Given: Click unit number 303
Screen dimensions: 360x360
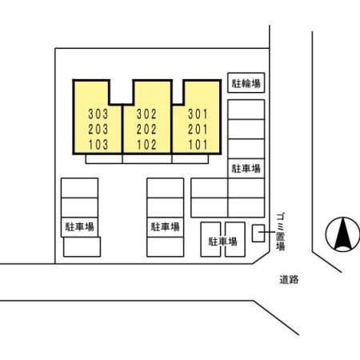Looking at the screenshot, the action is coord(98,114).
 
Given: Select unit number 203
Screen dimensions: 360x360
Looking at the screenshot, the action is coord(98,130).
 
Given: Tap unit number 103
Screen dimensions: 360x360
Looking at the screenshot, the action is coord(98,145).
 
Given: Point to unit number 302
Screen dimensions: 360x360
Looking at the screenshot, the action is coord(146,114).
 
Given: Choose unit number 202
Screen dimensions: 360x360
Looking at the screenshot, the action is coord(146,130).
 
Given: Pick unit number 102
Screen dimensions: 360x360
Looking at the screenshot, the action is coord(146,145).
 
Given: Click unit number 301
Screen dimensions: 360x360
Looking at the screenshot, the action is coord(198,114).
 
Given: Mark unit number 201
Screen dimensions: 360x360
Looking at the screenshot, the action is coord(198,130).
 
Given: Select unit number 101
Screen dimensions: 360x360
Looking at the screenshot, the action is coord(198,145).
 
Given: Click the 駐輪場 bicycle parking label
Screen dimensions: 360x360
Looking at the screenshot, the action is coord(246,83).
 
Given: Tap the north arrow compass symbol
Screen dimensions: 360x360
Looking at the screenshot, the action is coord(342,234).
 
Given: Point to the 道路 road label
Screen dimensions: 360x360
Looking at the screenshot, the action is coord(289,280).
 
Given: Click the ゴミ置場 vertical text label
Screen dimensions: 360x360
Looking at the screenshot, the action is coord(280,231).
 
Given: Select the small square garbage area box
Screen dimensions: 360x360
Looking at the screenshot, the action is coord(258,234).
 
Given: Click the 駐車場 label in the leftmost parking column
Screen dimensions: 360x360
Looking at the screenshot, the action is coord(80,227).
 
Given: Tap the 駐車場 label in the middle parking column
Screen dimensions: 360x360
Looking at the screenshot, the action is coord(166,227).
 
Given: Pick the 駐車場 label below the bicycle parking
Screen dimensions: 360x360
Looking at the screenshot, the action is coord(246,169).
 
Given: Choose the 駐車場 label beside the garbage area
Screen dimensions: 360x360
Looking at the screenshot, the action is coord(222,242).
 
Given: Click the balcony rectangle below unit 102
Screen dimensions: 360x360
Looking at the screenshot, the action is coord(147,159).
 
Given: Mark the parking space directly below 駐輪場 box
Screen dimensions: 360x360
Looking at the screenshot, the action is coord(246,110).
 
